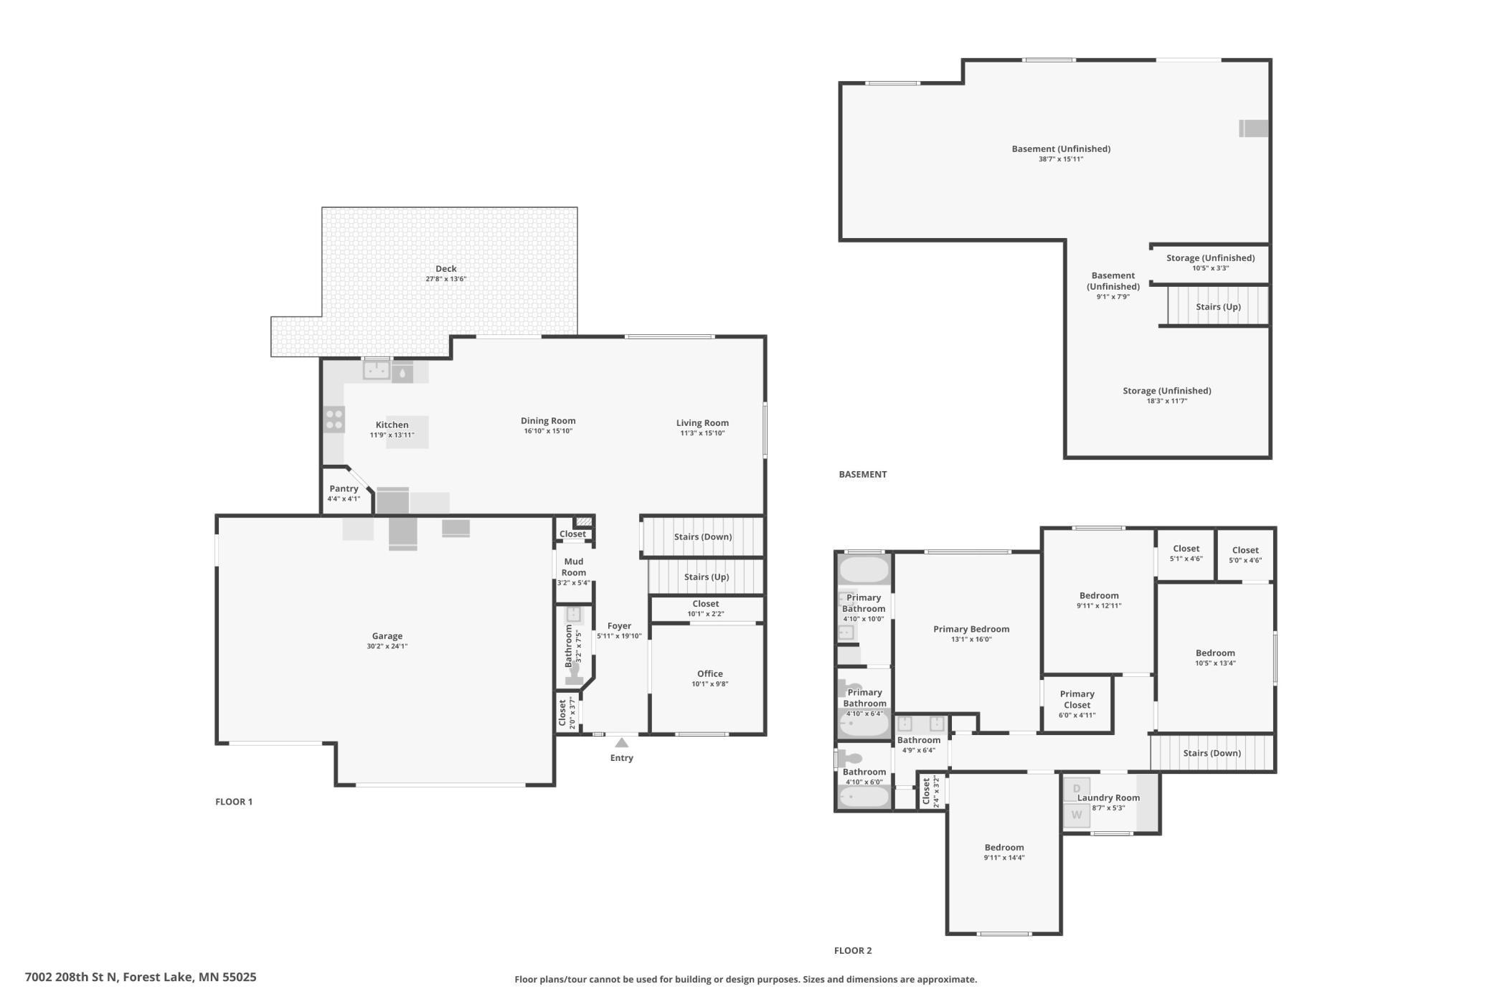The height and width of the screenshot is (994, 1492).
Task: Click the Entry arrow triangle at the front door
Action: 622,743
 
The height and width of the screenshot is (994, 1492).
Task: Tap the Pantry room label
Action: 344,489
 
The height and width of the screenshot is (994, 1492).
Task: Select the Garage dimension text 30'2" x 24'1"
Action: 387,646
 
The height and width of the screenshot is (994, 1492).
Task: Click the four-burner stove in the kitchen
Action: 334,420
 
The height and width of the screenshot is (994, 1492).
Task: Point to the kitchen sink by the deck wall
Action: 376,370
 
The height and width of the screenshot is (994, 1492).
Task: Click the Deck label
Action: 446,269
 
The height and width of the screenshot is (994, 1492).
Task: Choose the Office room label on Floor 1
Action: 710,673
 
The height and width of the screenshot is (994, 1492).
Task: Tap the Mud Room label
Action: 574,567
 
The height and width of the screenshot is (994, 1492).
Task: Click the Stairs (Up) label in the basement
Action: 1218,307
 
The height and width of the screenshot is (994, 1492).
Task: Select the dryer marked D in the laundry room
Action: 1076,789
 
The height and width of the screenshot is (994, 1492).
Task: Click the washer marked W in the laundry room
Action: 1076,815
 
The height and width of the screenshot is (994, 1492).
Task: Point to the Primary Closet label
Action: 1077,699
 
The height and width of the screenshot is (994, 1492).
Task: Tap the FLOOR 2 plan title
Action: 853,950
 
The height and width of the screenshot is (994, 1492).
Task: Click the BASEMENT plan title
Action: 863,474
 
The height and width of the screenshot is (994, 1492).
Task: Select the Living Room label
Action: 702,423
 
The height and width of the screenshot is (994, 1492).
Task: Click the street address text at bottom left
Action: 141,977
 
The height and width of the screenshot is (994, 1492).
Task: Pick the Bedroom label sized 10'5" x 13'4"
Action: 1215,653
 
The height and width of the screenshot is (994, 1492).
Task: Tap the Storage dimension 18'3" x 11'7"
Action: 1167,401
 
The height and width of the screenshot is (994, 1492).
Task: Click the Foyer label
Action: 619,626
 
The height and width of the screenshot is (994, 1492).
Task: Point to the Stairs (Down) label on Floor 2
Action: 1212,753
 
